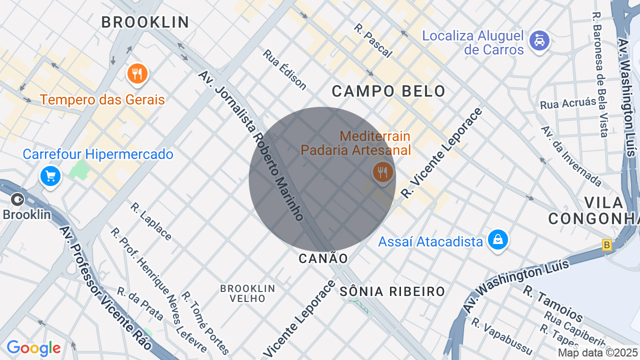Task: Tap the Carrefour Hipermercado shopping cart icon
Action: point(50,176)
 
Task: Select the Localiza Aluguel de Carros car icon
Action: point(539,40)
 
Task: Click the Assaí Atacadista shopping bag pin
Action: point(498,240)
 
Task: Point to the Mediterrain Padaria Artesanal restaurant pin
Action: point(382,172)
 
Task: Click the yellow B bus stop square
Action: point(607,245)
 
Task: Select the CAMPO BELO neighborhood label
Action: point(388,91)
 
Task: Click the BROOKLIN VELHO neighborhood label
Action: point(248,293)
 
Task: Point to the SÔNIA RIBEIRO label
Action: point(392,291)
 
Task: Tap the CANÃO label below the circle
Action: point(323,258)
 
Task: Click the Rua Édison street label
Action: point(284,70)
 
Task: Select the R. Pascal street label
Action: point(373,40)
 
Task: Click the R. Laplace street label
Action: point(151,221)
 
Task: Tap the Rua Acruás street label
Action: point(568,104)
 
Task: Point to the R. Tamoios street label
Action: point(553,304)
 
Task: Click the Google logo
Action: point(33,348)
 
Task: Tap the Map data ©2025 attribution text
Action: point(598,353)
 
